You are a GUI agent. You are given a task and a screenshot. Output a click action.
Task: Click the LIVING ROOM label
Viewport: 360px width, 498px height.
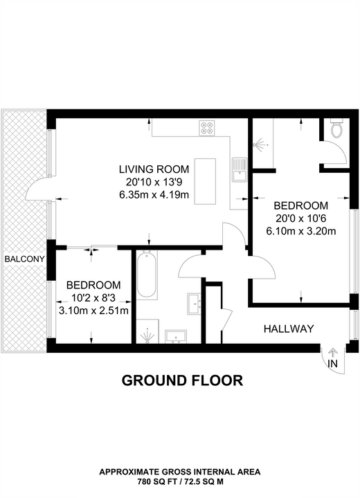(154, 169)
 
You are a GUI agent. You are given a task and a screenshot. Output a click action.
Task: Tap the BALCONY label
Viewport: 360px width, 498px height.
(24, 259)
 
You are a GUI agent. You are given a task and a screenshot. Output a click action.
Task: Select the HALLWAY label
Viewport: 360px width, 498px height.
(289, 329)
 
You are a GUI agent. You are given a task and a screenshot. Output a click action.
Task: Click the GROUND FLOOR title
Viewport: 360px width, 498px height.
(182, 380)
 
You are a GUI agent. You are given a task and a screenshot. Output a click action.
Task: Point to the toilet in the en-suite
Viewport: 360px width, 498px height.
(336, 127)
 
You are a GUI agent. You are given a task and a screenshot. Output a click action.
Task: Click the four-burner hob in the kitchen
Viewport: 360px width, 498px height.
(207, 128)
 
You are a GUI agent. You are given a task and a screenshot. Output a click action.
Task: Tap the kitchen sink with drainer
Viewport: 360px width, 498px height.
(240, 170)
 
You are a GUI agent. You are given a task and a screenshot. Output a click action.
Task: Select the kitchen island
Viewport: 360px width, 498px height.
(205, 182)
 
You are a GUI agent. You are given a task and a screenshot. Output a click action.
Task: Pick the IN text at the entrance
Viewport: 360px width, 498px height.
(332, 363)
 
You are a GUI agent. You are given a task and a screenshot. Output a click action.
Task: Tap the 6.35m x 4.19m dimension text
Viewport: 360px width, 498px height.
(154, 194)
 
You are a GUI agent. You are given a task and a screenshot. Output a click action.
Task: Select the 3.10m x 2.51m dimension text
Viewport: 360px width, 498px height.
(93, 311)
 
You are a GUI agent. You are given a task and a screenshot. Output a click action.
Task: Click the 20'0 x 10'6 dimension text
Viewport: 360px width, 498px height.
(301, 219)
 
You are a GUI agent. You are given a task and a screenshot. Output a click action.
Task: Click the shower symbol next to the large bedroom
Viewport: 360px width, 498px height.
(260, 145)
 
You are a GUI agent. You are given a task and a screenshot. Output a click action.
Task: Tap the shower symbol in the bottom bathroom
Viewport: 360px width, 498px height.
(147, 335)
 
